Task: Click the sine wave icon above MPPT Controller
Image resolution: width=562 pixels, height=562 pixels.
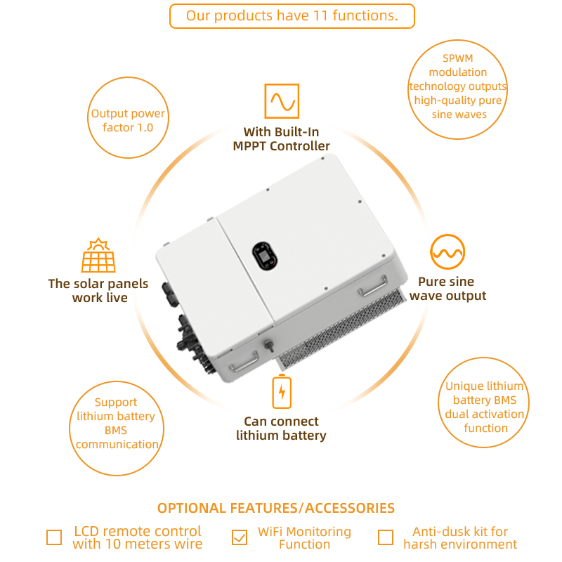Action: click(282, 101)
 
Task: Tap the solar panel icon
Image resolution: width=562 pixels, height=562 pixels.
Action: click(98, 255)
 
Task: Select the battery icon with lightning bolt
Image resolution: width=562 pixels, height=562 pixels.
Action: click(282, 391)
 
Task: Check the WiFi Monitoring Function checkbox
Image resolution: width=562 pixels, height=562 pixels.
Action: click(240, 537)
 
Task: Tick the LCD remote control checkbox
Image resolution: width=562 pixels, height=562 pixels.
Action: click(54, 537)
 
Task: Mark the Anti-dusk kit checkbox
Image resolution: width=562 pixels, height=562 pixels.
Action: click(386, 537)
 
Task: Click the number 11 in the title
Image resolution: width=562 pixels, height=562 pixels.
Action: click(320, 15)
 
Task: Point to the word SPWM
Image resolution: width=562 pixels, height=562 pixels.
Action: click(458, 58)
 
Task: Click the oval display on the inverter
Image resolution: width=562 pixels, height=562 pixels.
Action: click(266, 256)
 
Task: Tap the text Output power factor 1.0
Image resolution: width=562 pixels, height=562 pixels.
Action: click(128, 120)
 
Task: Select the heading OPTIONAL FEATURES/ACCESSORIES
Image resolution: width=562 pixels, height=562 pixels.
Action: click(276, 508)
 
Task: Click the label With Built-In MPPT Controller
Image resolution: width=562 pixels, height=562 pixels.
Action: click(282, 139)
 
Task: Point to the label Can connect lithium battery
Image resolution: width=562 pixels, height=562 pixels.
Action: click(282, 429)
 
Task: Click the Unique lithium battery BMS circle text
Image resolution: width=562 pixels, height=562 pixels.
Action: click(485, 407)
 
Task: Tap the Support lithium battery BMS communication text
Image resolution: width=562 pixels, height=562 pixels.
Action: click(117, 423)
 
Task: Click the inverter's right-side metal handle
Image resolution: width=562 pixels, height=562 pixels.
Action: click(374, 287)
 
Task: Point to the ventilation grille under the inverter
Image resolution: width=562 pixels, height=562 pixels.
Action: click(341, 329)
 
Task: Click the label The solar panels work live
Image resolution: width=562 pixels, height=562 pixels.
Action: click(98, 291)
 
